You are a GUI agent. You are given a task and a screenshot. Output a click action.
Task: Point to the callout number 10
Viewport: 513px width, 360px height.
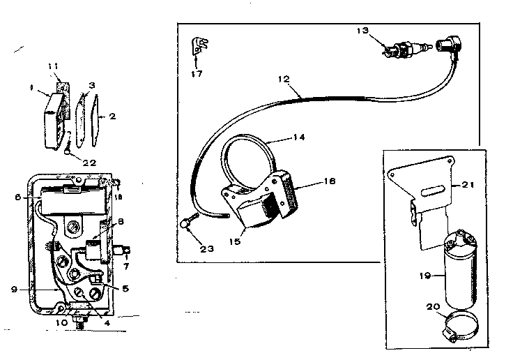(x=61, y=322)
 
